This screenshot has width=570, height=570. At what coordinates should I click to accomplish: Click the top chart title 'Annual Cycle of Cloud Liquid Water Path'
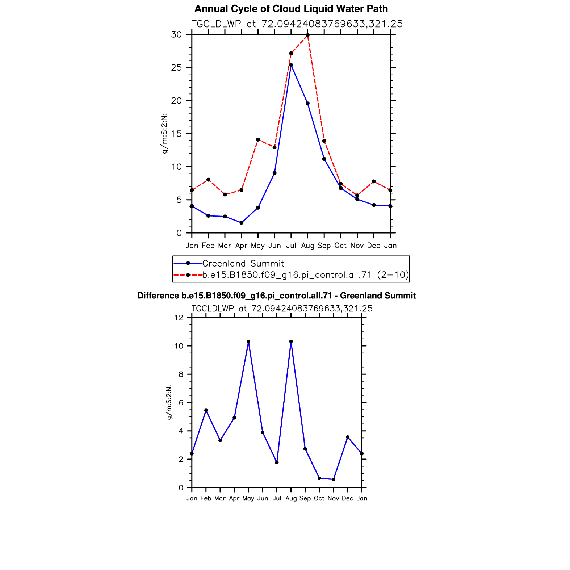tap(291, 9)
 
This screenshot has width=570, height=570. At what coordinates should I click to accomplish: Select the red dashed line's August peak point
tap(307, 35)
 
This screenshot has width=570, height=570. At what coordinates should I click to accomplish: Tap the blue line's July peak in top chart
tap(291, 65)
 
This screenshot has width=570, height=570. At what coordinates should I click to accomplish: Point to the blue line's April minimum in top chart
tap(242, 223)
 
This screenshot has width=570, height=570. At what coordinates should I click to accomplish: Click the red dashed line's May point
tap(258, 139)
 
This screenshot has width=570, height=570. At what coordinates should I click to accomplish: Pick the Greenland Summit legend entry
tap(243, 263)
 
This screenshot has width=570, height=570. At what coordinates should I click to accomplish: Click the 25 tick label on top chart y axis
tap(176, 68)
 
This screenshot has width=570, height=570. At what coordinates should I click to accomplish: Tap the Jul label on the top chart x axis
tap(291, 246)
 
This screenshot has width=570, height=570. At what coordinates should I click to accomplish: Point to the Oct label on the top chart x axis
tap(340, 246)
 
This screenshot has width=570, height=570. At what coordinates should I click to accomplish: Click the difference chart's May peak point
tap(248, 342)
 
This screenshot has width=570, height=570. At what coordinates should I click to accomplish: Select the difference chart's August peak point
tap(291, 341)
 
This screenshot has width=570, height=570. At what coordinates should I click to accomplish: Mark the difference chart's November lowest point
tap(334, 479)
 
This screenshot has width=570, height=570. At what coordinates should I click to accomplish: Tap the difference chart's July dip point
tap(277, 462)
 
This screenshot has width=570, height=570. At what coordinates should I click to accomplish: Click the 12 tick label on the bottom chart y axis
tap(179, 318)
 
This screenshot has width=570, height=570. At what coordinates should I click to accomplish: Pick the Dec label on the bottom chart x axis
tap(347, 498)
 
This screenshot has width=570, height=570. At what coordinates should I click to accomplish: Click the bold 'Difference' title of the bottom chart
tap(276, 296)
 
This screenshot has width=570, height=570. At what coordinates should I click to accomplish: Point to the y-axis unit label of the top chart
tap(164, 134)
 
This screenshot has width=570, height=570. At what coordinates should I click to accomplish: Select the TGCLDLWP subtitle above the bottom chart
tap(282, 309)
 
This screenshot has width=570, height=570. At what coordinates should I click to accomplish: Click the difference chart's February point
tap(206, 410)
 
